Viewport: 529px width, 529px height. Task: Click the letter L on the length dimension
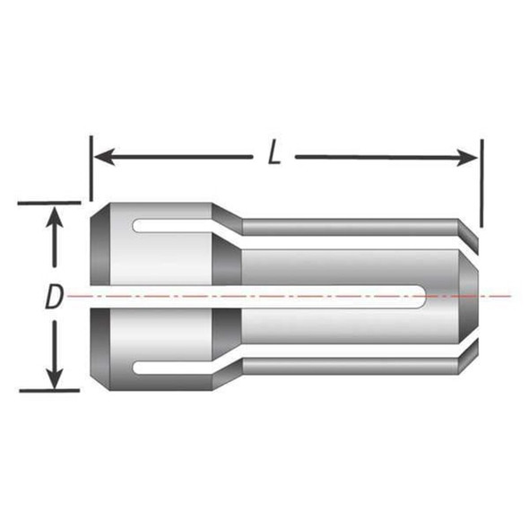coord(274,153)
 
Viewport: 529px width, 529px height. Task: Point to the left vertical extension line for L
coord(91,170)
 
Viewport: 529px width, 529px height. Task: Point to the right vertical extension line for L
coord(481,184)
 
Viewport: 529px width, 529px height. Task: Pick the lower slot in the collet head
coord(175,367)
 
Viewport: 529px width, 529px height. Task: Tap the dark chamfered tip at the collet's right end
coord(468,278)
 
